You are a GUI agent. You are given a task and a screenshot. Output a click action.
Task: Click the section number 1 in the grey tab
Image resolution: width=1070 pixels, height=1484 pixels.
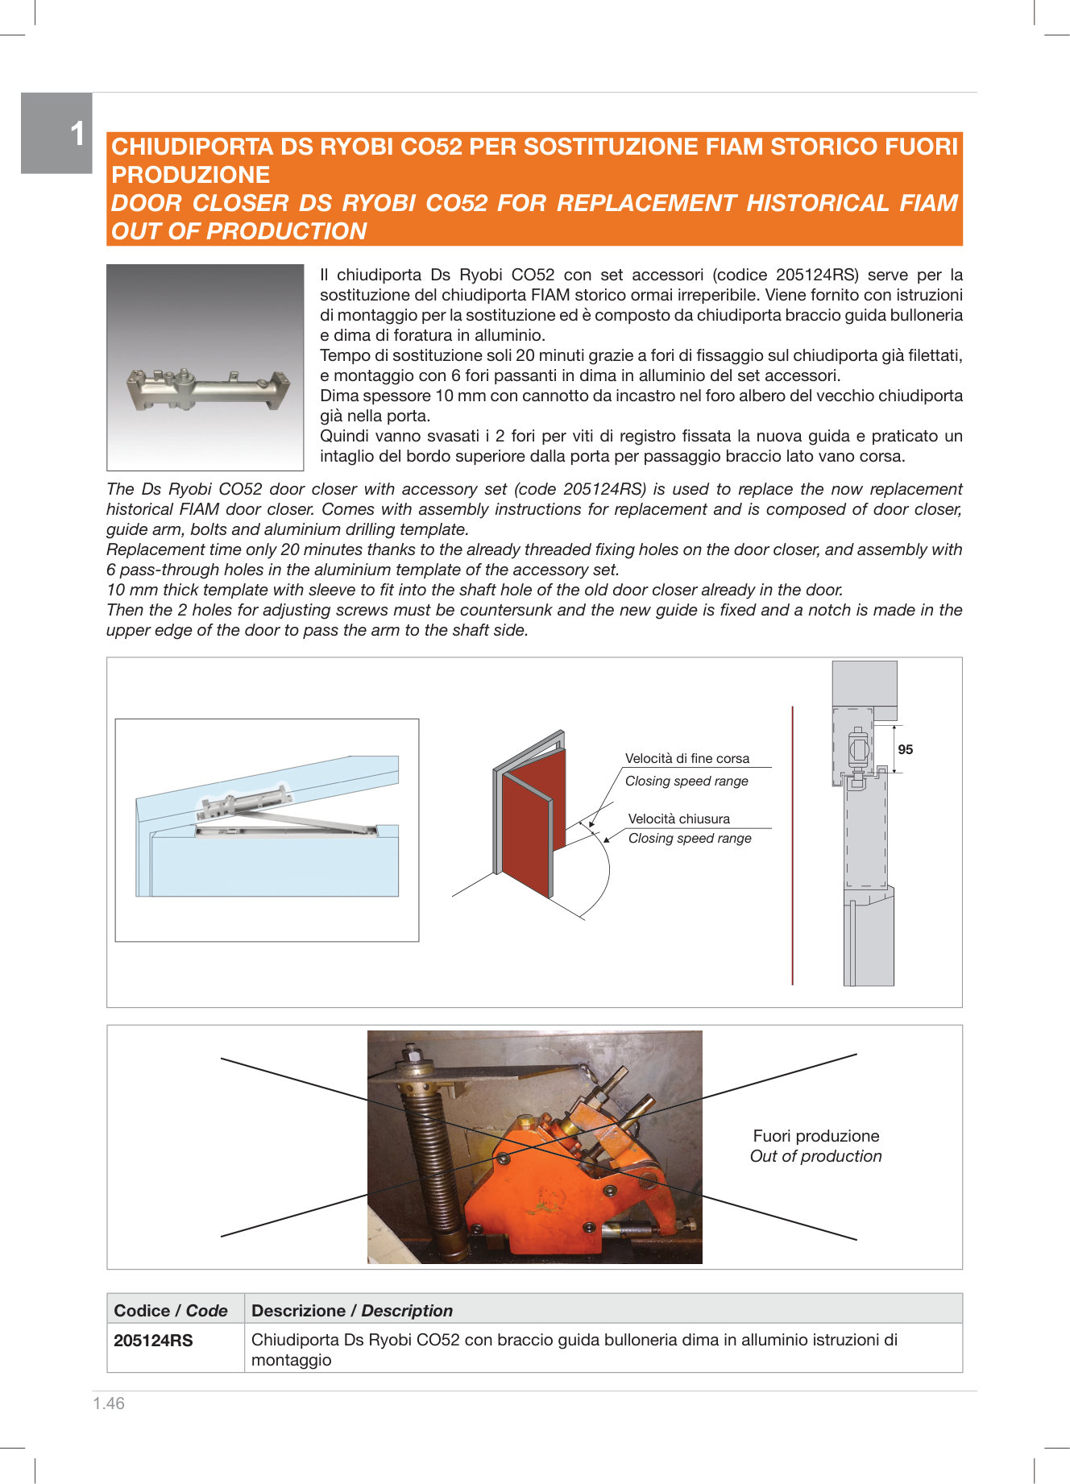(x=77, y=134)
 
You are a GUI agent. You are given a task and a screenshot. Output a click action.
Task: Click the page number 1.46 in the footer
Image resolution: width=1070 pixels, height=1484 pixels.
(x=109, y=1403)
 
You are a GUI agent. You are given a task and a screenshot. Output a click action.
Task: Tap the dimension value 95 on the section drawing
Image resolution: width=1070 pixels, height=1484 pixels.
(x=906, y=749)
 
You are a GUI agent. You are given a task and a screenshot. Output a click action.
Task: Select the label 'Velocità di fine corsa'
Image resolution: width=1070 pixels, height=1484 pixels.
(x=686, y=758)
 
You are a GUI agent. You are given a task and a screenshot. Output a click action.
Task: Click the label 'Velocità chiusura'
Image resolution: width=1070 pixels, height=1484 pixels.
(x=678, y=819)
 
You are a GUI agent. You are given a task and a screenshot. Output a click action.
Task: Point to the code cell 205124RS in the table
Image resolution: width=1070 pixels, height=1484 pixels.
(x=153, y=1341)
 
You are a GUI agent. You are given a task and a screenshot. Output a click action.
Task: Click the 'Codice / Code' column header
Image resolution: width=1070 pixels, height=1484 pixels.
(x=171, y=1310)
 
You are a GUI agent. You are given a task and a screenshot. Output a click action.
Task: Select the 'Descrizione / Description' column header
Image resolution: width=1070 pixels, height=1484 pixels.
(x=351, y=1310)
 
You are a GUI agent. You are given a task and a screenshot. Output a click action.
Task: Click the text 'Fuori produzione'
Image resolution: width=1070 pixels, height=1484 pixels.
(x=815, y=1136)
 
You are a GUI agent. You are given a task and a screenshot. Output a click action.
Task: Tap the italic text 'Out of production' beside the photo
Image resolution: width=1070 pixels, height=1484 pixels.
(x=815, y=1156)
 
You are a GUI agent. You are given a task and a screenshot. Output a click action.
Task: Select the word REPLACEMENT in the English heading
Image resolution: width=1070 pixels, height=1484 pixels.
(x=648, y=203)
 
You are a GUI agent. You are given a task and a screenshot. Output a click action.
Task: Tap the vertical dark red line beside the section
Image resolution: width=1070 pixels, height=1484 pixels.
(x=792, y=846)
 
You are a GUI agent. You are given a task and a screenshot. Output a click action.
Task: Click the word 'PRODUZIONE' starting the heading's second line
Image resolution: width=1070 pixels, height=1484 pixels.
(x=190, y=175)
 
